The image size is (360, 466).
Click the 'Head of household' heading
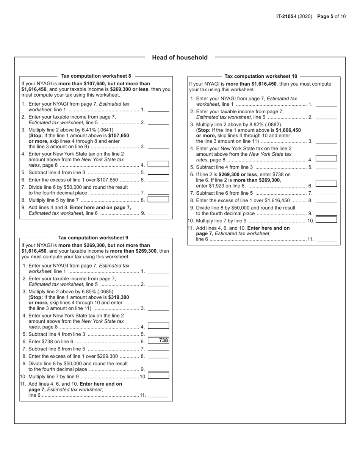[x=180, y=58]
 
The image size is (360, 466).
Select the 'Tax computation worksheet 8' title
[x=96, y=76]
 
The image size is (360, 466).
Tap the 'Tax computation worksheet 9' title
[x=93, y=238]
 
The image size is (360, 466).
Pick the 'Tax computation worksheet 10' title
[x=261, y=76]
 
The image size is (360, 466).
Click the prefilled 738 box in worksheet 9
[x=158, y=341]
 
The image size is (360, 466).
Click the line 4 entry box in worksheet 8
[x=158, y=164]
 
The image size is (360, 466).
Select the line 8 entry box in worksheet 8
[x=158, y=199]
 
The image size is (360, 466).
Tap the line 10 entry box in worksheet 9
[x=158, y=376]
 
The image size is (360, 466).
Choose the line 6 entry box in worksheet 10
[x=326, y=184]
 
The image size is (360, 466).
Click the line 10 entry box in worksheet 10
[x=326, y=219]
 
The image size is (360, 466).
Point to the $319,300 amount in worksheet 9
[x=119, y=297]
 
